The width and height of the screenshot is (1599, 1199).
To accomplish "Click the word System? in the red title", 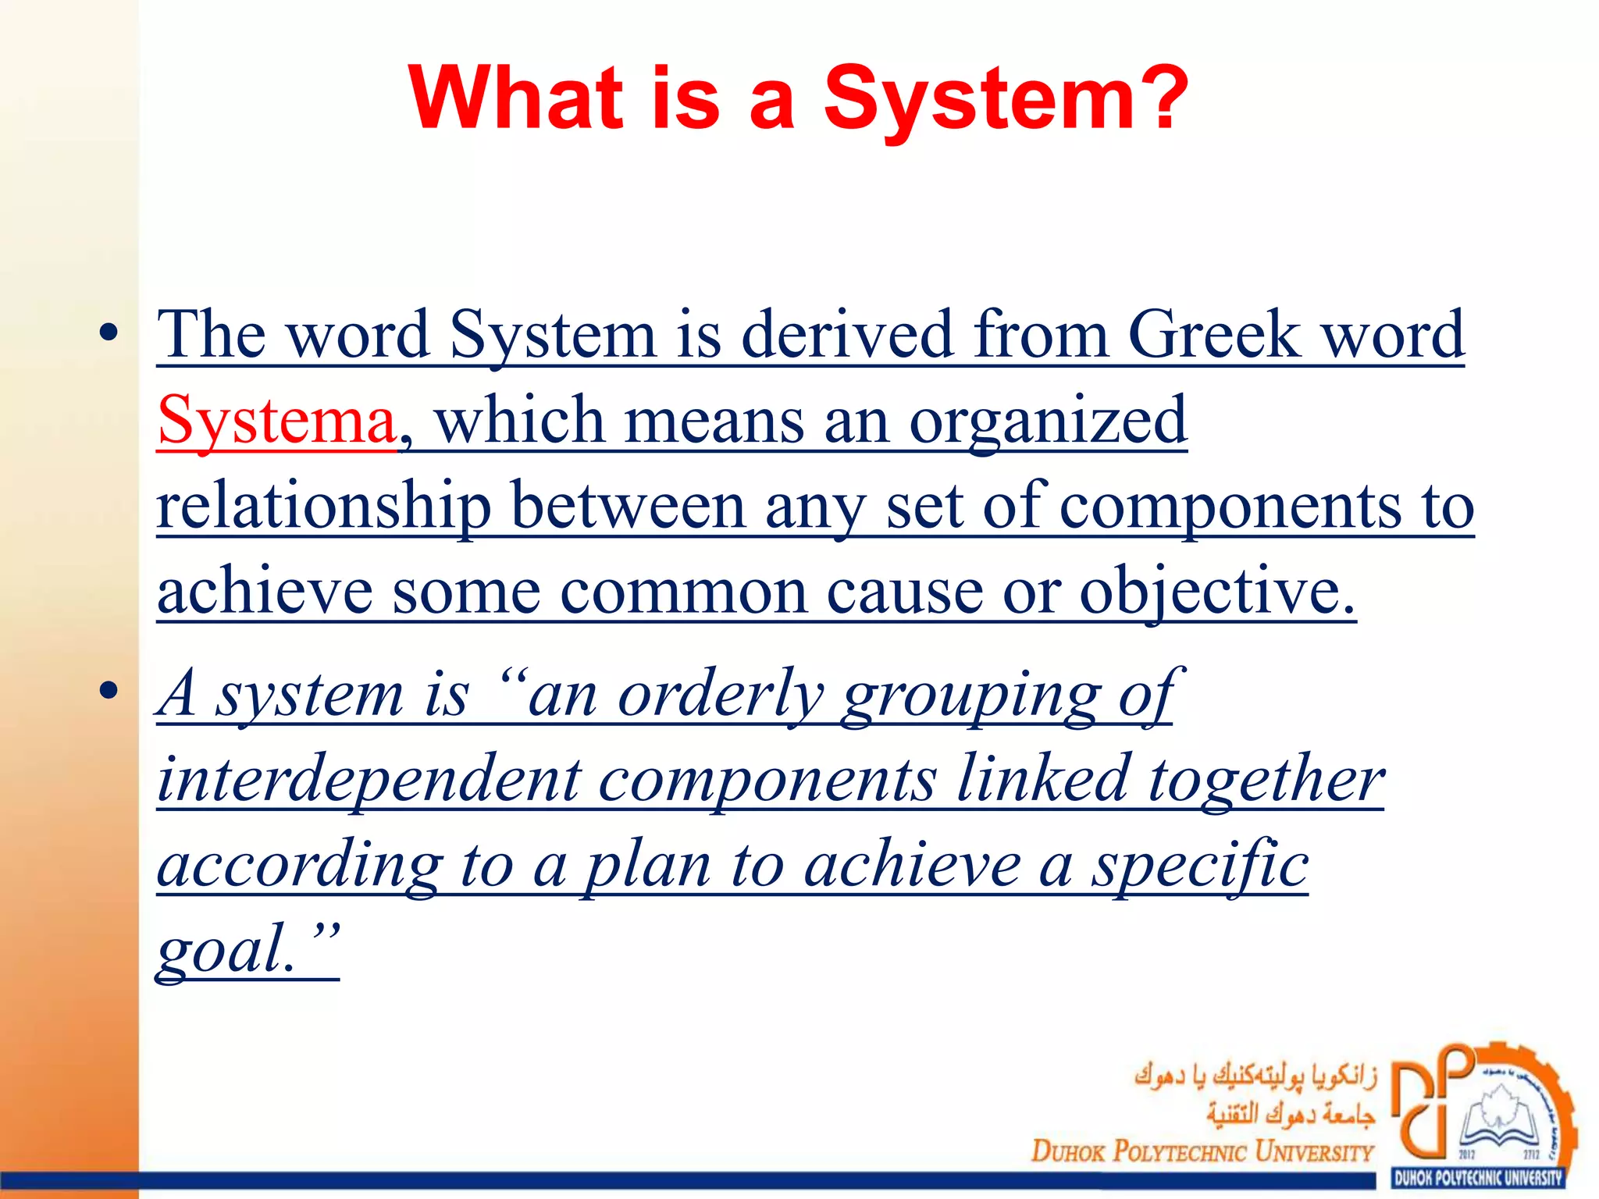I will pos(1006,100).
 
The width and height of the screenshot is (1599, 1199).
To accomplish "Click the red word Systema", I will pos(276,422).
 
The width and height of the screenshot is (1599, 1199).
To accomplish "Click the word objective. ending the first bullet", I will pos(1217,593).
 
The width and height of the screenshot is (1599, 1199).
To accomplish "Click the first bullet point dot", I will pos(109,334).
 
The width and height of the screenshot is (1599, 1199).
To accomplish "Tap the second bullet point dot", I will pos(109,691).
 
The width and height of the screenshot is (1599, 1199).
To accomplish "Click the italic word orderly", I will pos(720,695).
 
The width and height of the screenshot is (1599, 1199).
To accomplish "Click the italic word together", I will pos(1266,781).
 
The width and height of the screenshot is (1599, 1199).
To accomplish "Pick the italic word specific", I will pos(1199,866).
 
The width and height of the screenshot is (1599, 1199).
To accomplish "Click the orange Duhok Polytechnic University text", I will pos(1202,1151).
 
